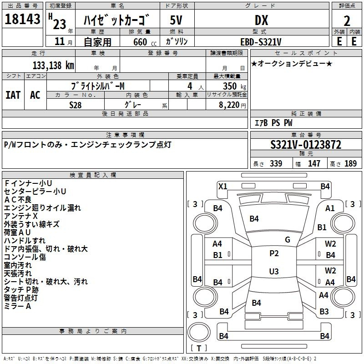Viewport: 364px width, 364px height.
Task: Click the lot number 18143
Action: click(x=22, y=19)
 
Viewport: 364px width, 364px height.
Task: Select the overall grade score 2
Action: click(x=347, y=21)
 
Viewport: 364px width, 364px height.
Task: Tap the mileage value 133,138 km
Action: click(x=53, y=66)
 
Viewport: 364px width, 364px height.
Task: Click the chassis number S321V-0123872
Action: click(x=306, y=145)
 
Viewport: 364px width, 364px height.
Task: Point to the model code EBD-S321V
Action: click(x=261, y=42)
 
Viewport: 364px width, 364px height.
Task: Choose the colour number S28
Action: click(x=75, y=105)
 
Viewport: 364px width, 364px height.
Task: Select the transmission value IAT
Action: click(x=13, y=95)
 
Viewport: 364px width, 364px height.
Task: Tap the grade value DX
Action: click(x=261, y=20)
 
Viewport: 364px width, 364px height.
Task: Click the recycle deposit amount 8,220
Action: click(x=229, y=105)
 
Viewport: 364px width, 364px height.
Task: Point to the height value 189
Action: click(x=350, y=163)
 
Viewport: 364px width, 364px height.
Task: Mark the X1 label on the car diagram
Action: click(x=223, y=187)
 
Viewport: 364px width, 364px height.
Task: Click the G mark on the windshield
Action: click(x=288, y=240)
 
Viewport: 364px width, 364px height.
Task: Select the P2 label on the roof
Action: click(x=274, y=253)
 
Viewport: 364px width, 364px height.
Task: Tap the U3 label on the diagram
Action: click(x=274, y=271)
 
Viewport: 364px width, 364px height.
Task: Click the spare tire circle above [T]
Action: click(x=199, y=332)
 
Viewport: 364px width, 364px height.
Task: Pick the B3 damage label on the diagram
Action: click(x=324, y=312)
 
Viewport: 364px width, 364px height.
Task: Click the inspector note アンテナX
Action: click(x=20, y=216)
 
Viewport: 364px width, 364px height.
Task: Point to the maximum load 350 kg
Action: click(x=234, y=86)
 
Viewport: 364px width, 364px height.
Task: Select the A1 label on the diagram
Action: click(x=330, y=208)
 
